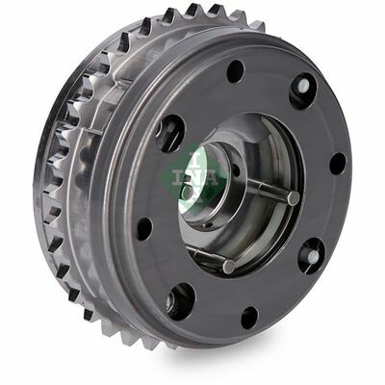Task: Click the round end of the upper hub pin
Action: (294, 197)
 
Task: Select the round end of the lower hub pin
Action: (229, 266)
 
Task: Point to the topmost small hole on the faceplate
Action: (236, 71)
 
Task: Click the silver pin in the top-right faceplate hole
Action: (303, 85)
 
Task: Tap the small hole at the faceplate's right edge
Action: (338, 164)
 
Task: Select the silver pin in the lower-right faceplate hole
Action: (313, 256)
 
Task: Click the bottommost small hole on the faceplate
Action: (249, 318)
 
